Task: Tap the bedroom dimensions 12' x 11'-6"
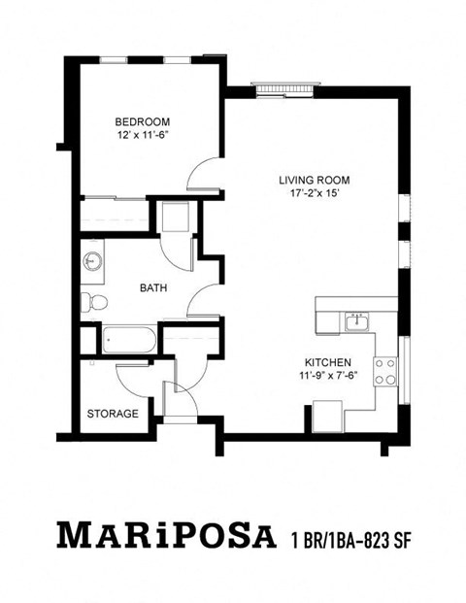[143, 136]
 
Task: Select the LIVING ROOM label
[314, 181]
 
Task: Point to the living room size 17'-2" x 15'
[314, 194]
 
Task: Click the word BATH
[152, 287]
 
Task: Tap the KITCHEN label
[331, 361]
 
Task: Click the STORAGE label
[113, 414]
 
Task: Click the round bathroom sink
[93, 261]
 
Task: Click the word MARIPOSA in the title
[160, 536]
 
